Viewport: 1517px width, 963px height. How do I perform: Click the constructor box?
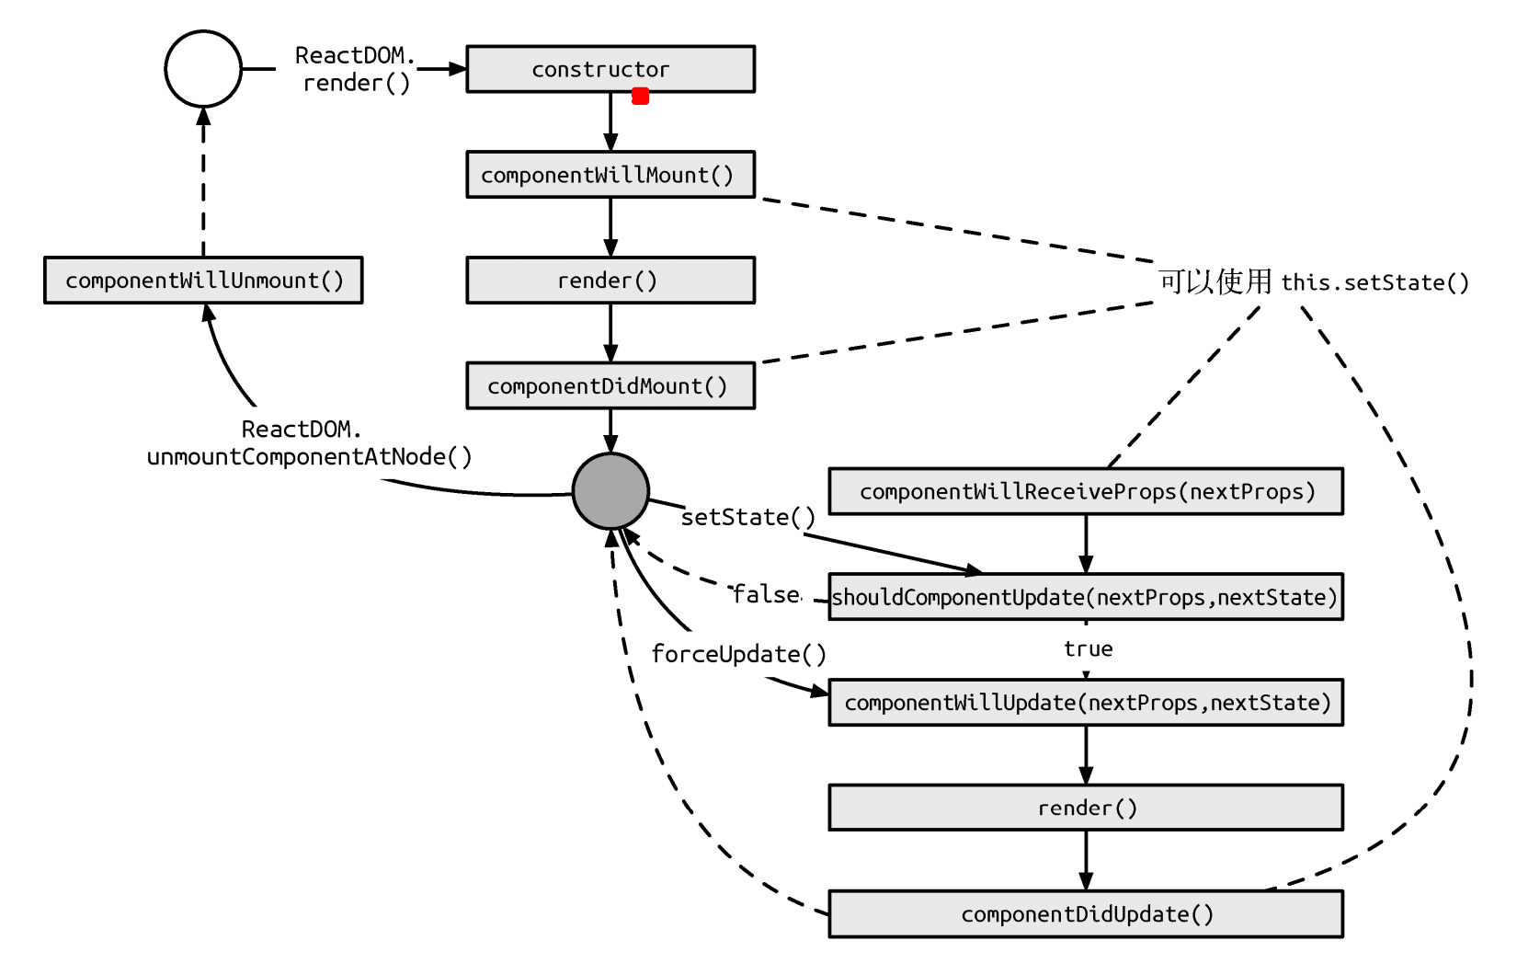(610, 69)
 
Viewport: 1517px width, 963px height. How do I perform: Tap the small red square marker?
(641, 96)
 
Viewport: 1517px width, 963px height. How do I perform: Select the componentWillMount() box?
(610, 175)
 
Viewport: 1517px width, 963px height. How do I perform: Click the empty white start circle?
(203, 69)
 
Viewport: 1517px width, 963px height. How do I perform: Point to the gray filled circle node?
(610, 491)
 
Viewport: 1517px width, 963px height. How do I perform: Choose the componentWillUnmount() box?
(203, 281)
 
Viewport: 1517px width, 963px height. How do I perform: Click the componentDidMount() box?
(610, 386)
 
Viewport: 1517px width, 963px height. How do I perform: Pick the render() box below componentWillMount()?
(610, 281)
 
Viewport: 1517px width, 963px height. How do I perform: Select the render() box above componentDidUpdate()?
(1086, 808)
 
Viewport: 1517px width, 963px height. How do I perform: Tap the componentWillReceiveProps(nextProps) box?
(1086, 491)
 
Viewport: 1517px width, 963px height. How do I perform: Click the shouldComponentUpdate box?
(1086, 597)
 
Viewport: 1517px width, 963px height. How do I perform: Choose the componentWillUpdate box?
(1086, 703)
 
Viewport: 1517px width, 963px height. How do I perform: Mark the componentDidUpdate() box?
(1086, 914)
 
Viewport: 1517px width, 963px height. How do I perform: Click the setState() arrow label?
(747, 517)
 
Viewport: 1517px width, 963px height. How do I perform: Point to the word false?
(766, 595)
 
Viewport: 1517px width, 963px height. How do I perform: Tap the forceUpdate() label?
(738, 654)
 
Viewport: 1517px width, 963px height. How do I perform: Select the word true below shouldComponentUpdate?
(1088, 649)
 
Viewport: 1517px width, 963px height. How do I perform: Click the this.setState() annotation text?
(1374, 282)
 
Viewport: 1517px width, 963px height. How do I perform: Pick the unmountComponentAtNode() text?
(309, 456)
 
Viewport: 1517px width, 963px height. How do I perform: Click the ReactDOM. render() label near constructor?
(355, 69)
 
